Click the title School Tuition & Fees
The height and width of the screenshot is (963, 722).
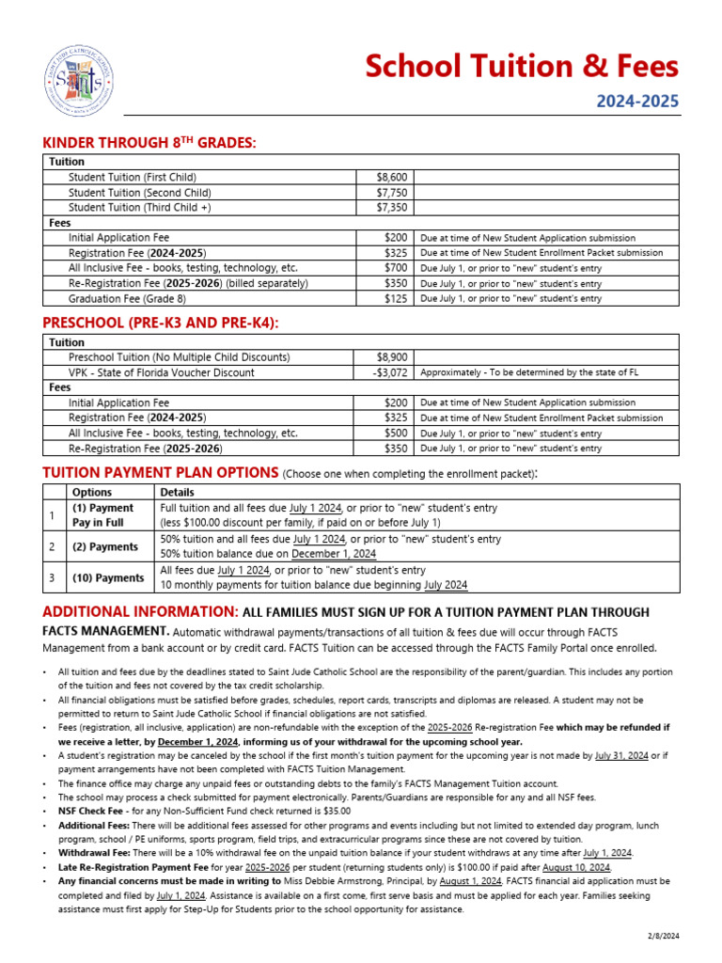pyautogui.click(x=520, y=66)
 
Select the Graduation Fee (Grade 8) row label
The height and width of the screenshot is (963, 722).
pyautogui.click(x=127, y=298)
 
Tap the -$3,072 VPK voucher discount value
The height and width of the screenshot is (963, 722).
pyautogui.click(x=388, y=372)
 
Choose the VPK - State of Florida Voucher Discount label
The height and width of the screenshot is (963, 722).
pyautogui.click(x=161, y=372)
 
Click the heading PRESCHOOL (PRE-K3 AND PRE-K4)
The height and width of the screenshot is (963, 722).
pyautogui.click(x=161, y=323)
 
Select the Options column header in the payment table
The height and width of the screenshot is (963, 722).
pyautogui.click(x=91, y=492)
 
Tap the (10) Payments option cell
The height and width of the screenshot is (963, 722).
pyautogui.click(x=108, y=577)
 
